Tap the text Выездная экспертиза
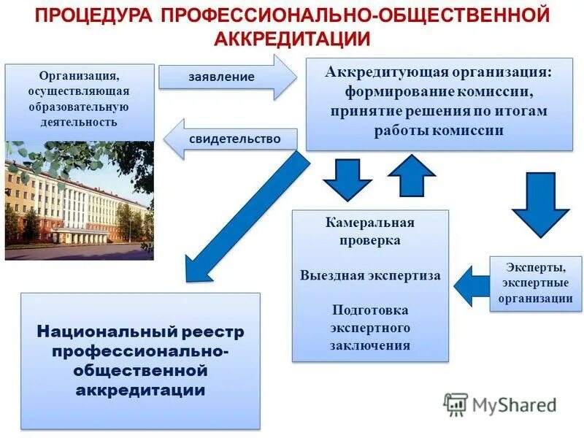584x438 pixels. point(370,276)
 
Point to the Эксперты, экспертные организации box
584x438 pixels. point(536,283)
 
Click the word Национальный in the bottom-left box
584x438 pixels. point(99,333)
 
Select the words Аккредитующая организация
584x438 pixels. point(439,74)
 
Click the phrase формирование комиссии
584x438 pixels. point(439,93)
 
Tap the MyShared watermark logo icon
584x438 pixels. point(456,404)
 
